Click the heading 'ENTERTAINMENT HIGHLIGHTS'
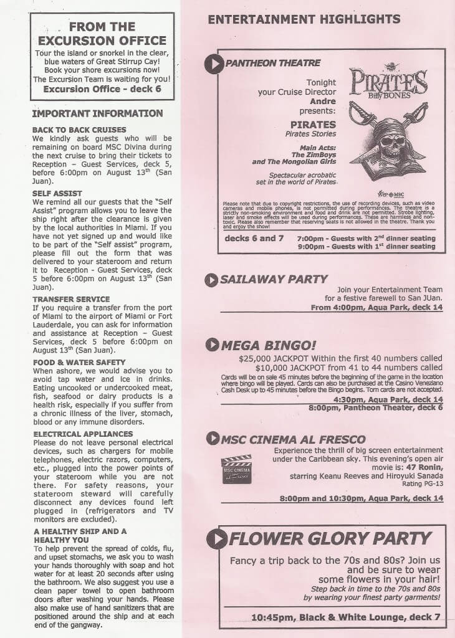[x=304, y=19]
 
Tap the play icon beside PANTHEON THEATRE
[x=214, y=64]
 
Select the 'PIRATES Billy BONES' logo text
[x=388, y=82]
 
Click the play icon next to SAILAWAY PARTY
[x=211, y=280]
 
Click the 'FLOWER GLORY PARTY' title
[x=330, y=538]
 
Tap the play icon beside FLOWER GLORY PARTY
[x=216, y=539]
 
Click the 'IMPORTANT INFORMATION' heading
[x=97, y=113]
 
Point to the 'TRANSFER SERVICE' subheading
[x=71, y=299]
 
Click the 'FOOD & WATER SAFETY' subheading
[x=79, y=362]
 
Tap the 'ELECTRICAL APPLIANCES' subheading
[x=83, y=434]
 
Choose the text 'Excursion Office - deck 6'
[x=102, y=89]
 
